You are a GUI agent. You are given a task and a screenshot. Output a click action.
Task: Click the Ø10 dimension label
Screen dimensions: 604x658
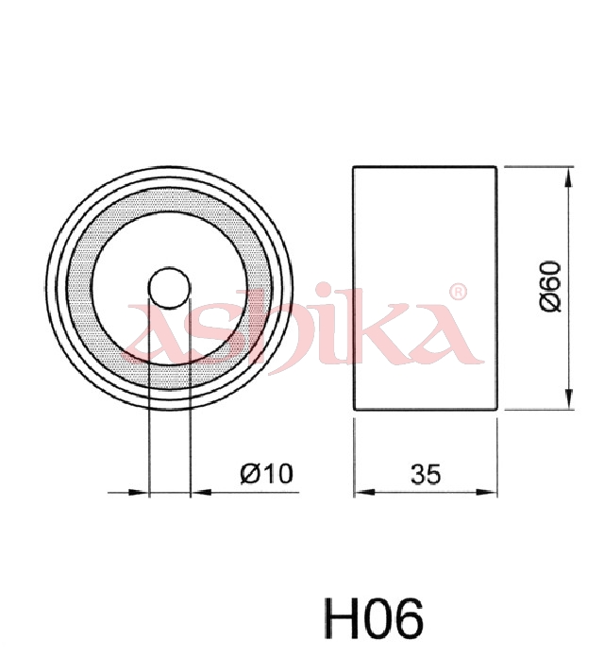[x=266, y=473]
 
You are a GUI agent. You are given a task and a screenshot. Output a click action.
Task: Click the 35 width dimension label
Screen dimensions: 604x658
[x=426, y=475]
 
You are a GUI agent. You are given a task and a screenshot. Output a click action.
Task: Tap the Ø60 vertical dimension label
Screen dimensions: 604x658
[x=550, y=286]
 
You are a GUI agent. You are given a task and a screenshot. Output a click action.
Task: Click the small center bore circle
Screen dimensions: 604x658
[x=169, y=288]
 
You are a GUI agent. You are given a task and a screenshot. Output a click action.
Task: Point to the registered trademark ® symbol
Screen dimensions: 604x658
[x=458, y=292]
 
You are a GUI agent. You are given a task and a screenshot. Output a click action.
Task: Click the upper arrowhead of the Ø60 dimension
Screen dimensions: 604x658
[x=568, y=177]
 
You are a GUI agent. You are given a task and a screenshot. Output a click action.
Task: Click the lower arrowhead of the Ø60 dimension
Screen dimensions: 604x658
[x=568, y=398]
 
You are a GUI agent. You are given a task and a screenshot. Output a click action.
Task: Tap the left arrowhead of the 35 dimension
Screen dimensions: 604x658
[x=364, y=492]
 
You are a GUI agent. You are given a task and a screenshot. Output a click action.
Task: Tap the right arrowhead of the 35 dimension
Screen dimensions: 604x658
[x=487, y=492]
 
